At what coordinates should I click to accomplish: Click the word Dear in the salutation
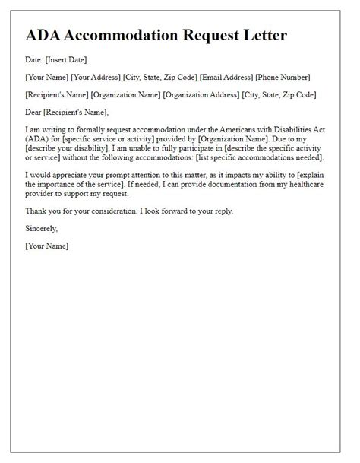35,113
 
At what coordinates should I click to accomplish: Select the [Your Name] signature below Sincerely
47,245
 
